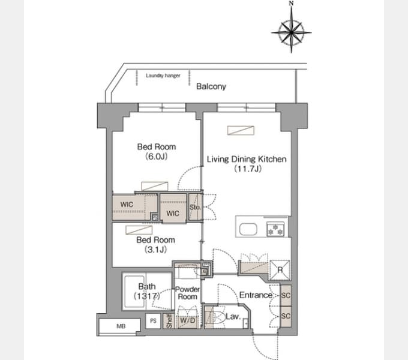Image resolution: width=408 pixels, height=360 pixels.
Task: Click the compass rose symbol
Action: [x=291, y=29]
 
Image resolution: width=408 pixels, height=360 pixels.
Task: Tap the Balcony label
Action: [x=211, y=86]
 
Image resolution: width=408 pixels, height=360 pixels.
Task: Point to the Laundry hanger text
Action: [x=163, y=76]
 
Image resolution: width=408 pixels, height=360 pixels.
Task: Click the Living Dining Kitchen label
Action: [x=246, y=159]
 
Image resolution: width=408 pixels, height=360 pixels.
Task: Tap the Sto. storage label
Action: [x=194, y=207]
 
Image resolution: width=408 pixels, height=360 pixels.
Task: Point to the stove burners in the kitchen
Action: [x=276, y=229]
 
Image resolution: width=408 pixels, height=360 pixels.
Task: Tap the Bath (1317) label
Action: [x=146, y=290]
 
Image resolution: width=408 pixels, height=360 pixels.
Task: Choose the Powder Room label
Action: [x=187, y=293]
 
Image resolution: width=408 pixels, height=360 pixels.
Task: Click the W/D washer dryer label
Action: [x=188, y=319]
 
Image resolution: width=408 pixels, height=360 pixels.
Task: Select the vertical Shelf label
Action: [x=169, y=320]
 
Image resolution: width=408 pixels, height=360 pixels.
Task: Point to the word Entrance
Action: [x=256, y=295]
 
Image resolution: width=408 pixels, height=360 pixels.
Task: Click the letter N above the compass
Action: [x=291, y=4]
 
